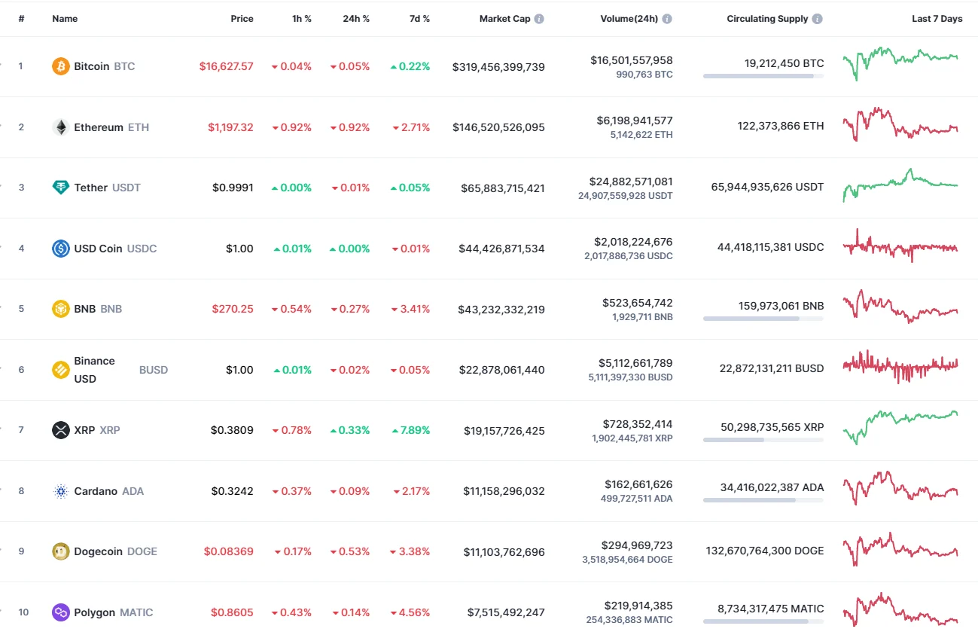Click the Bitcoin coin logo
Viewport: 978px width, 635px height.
coord(60,66)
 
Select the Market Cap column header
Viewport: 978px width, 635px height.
coord(504,19)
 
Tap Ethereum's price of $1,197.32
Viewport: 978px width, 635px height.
coord(230,127)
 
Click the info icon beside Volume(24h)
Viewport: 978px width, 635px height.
coord(667,19)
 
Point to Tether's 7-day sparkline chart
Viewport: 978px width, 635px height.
coord(900,184)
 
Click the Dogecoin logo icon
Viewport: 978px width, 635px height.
coord(60,551)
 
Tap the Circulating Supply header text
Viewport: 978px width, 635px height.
coord(767,19)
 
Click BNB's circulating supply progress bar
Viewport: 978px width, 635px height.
coord(763,319)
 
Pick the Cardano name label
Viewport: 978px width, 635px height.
coord(96,491)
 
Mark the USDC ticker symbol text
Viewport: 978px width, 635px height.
coord(142,249)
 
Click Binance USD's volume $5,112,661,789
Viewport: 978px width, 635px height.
coord(629,363)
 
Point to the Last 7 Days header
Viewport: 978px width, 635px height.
coord(937,19)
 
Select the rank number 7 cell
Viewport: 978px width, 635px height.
coord(21,430)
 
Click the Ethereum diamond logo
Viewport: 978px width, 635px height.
coord(60,127)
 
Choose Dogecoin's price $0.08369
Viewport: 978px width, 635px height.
coord(228,551)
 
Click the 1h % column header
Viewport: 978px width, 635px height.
coord(302,19)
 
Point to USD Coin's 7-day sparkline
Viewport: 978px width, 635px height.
coord(900,246)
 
